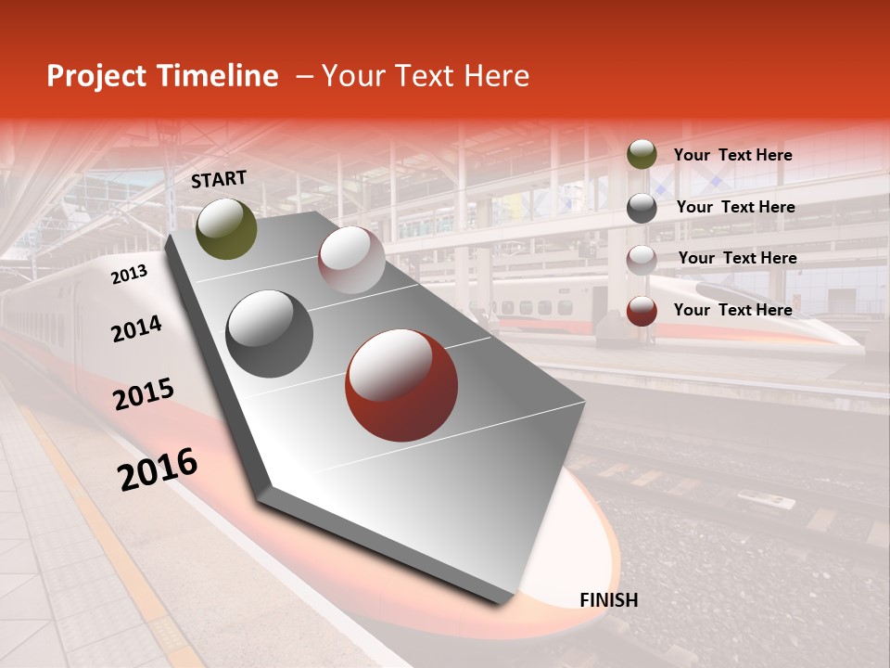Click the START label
coord(219,179)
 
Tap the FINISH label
coord(609,599)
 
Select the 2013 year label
coord(129,275)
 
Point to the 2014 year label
coord(136,328)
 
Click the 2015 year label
coord(144,394)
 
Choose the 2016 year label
coord(158,469)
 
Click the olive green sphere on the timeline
coord(227,228)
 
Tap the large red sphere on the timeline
coord(401,385)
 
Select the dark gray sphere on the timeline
coord(270,334)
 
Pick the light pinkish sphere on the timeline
coord(351,260)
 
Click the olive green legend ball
coord(642,155)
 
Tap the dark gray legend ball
coord(642,208)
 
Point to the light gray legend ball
coord(642,260)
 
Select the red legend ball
coord(642,311)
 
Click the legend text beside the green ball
coord(732,155)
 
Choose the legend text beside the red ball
coord(732,310)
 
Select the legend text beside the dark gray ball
coord(735,207)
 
